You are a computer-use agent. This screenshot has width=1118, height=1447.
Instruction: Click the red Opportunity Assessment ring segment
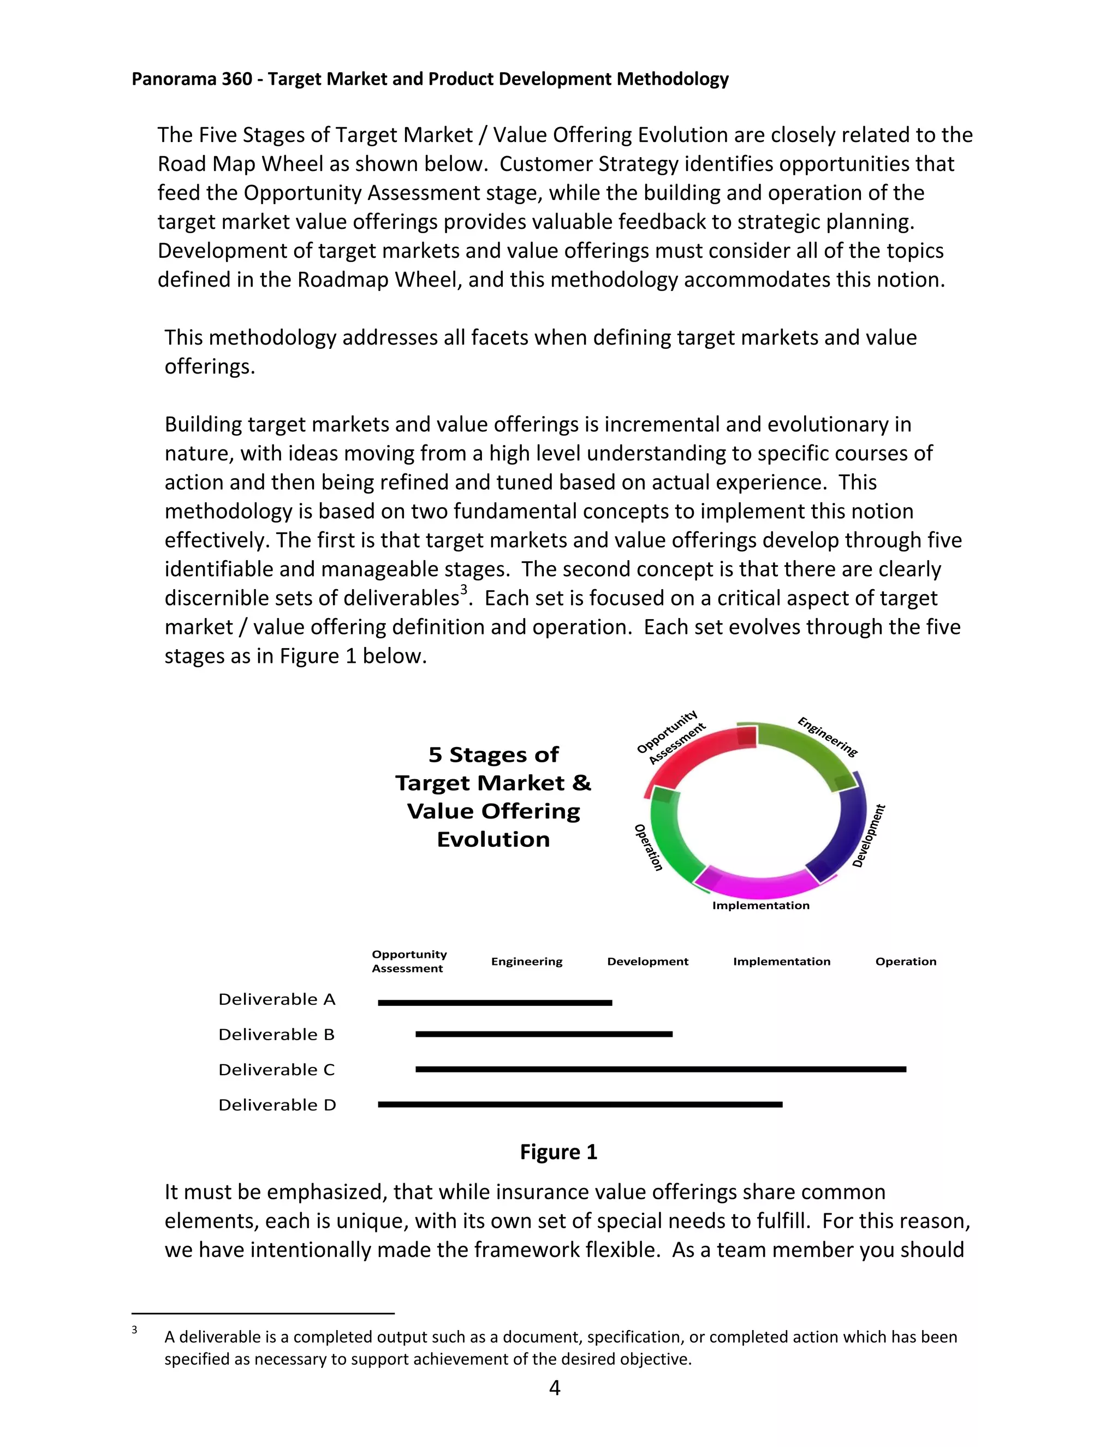(689, 755)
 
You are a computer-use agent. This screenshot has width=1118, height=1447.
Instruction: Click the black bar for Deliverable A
(495, 1003)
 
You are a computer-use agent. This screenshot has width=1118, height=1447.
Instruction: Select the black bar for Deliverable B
(544, 1034)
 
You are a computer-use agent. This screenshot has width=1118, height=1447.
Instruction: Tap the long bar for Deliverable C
(661, 1069)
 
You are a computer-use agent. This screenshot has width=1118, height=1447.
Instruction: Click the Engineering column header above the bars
(527, 962)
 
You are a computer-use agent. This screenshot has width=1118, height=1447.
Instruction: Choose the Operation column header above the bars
(906, 962)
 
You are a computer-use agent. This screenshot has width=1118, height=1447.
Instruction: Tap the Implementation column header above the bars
(782, 962)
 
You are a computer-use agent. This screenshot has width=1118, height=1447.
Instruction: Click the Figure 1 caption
(558, 1152)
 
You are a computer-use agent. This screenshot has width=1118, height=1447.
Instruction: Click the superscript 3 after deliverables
(463, 590)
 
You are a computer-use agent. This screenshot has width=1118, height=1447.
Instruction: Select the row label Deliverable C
(277, 1069)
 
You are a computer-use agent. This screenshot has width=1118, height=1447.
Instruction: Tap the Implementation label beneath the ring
(760, 905)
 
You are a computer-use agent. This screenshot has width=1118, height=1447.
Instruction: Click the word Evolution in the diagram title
(493, 839)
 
